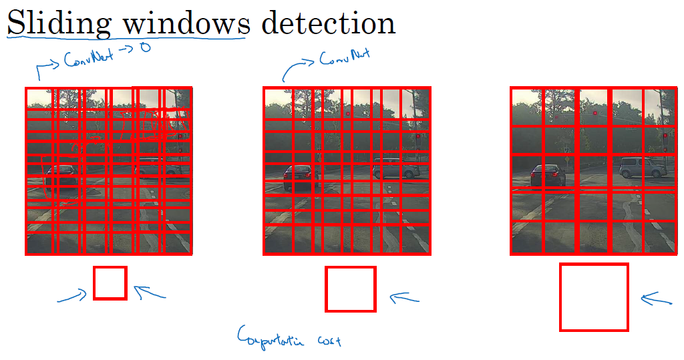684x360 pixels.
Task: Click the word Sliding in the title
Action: pos(59,24)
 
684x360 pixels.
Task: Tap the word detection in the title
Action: pos(329,24)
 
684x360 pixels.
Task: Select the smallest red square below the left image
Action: pos(110,283)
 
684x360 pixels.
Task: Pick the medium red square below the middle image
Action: pos(350,289)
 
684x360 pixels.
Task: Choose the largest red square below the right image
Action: pos(594,297)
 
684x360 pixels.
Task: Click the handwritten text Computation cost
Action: pos(289,337)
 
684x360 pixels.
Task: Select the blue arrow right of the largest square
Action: pos(657,300)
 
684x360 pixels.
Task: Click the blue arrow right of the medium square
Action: pos(405,298)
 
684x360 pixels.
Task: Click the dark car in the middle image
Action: pos(298,178)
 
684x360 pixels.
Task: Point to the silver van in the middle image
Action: pos(396,168)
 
